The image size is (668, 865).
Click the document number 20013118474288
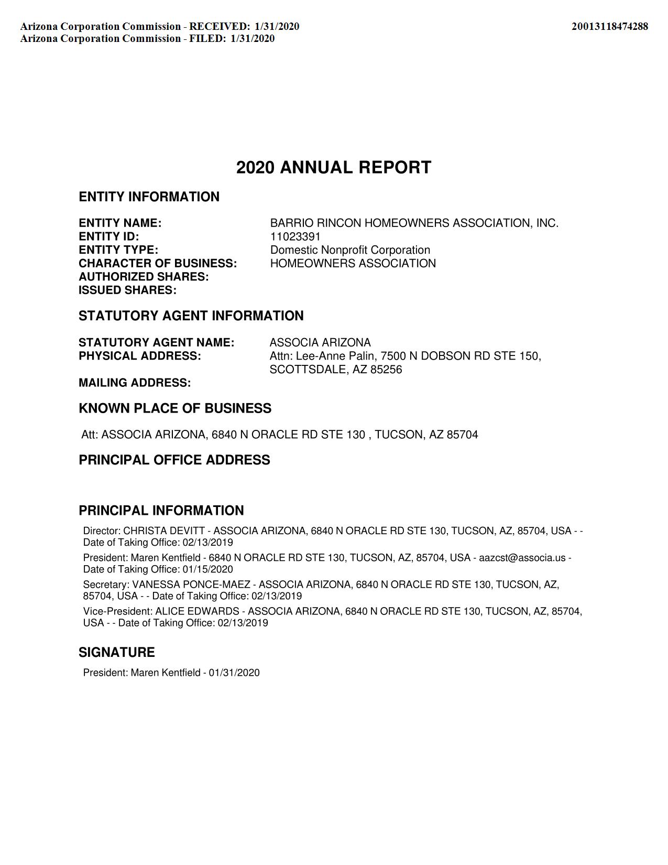click(609, 26)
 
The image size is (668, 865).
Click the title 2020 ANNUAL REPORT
click(334, 168)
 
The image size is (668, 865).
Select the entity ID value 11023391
click(295, 236)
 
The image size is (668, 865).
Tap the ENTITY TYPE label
click(118, 250)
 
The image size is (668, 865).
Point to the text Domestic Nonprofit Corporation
click(350, 250)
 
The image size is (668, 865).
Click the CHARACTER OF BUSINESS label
click(158, 263)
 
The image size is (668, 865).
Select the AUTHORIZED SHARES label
click(144, 277)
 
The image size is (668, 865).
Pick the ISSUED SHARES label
click(127, 290)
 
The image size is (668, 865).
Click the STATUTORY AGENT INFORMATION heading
click(191, 316)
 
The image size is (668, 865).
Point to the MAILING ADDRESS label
click(135, 383)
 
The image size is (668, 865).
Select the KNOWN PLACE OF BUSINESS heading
click(175, 409)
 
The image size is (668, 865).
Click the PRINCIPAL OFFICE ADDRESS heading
click(174, 460)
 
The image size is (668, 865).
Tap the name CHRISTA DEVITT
click(163, 531)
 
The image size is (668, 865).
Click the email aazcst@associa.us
click(522, 558)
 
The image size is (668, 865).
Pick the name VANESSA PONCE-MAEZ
click(191, 585)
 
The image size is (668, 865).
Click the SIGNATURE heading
click(117, 653)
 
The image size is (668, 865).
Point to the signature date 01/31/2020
click(234, 673)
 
